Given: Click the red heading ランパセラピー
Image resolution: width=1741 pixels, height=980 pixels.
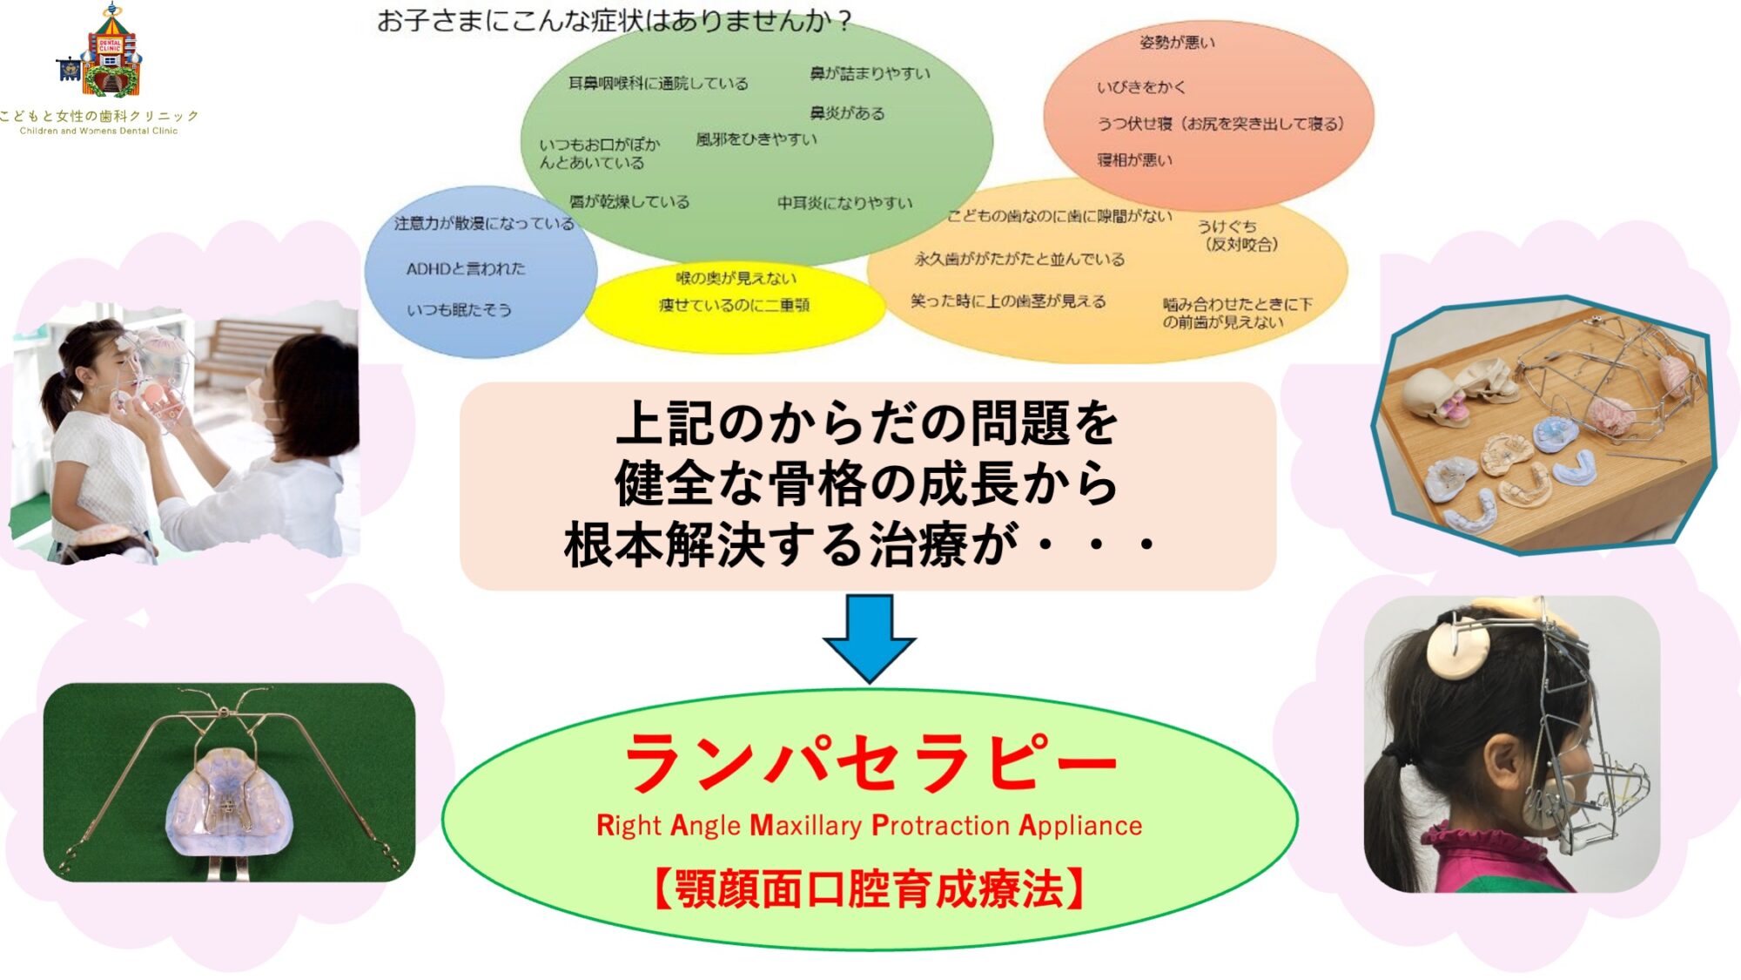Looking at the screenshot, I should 870,762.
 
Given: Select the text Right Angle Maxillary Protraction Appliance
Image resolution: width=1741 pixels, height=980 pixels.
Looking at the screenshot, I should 869,825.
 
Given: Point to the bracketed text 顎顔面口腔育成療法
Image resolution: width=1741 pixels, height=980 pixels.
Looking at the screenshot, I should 869,889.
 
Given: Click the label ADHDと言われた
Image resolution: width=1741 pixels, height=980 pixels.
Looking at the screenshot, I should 466,269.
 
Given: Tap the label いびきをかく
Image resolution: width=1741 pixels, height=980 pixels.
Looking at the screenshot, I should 1140,87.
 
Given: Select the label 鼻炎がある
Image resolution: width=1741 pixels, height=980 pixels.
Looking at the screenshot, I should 847,113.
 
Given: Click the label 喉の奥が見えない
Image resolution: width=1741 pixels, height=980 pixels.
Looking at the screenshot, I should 736,278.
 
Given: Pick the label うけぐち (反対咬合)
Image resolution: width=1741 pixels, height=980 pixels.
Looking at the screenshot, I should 1237,235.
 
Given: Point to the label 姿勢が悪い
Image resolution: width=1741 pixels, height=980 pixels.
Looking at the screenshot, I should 1177,42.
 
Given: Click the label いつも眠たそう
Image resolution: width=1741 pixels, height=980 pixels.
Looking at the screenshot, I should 459,310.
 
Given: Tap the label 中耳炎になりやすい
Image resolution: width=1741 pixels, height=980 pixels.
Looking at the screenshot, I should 844,203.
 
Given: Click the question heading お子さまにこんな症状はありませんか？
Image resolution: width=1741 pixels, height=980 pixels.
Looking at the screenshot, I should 614,20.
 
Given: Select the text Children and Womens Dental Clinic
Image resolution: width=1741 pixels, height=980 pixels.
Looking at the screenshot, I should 98,132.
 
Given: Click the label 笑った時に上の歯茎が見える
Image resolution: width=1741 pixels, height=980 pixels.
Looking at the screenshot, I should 1008,301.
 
